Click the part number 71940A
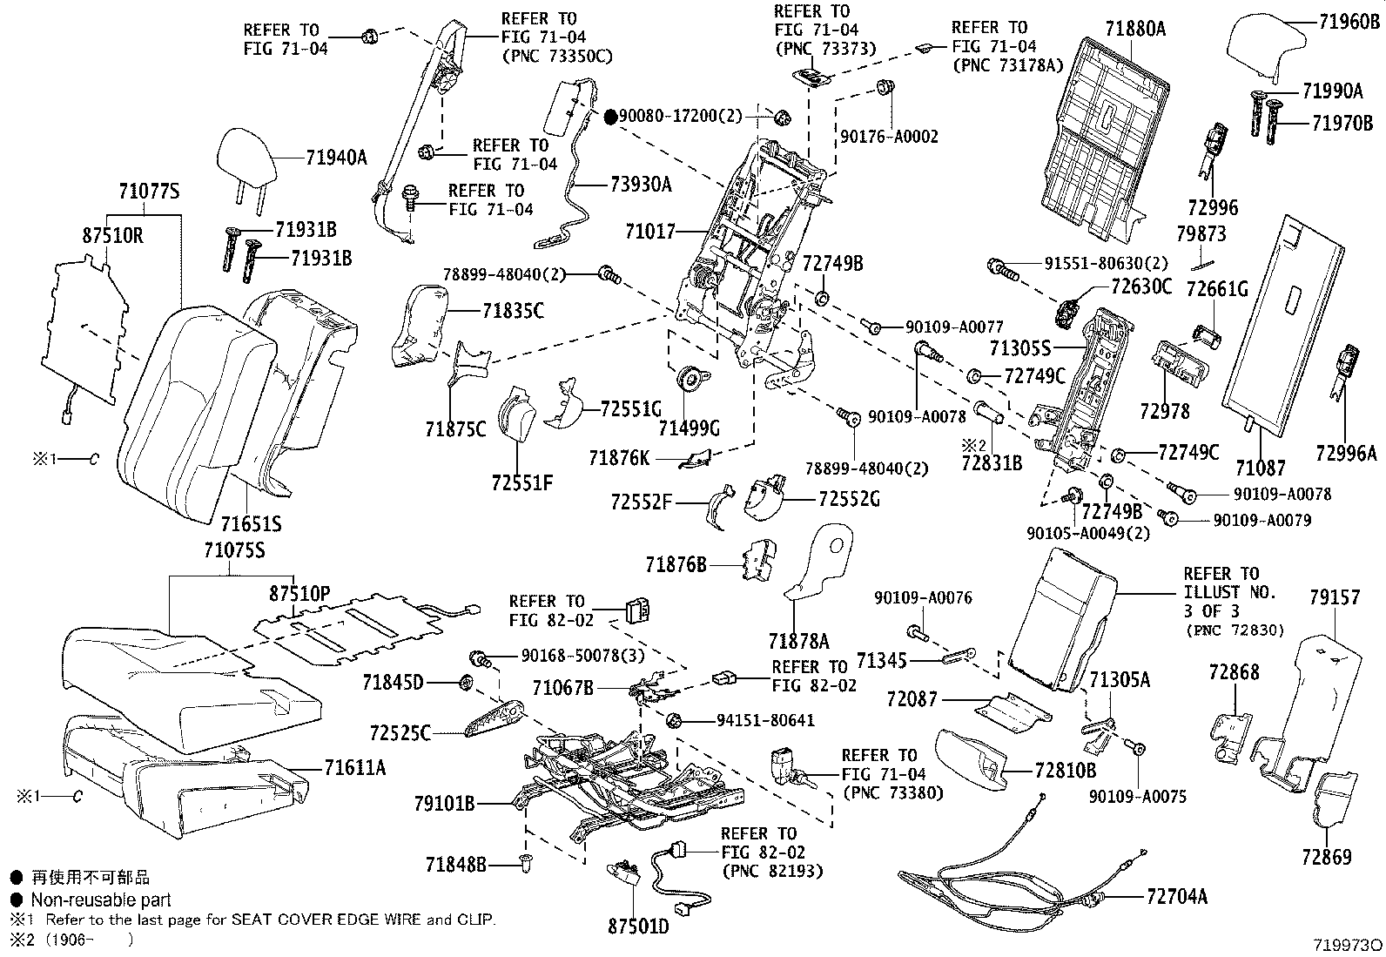pyautogui.click(x=336, y=158)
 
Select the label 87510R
pyautogui.click(x=113, y=235)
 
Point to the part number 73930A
pyautogui.click(x=641, y=185)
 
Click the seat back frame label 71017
pyautogui.click(x=649, y=232)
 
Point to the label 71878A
pyautogui.click(x=798, y=642)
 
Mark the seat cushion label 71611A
pyautogui.click(x=354, y=767)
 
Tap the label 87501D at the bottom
pyautogui.click(x=638, y=927)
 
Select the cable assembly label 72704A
pyautogui.click(x=1177, y=896)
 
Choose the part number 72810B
pyautogui.click(x=1066, y=771)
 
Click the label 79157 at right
pyautogui.click(x=1334, y=597)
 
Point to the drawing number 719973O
pyautogui.click(x=1348, y=945)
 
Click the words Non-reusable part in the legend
pyautogui.click(x=101, y=900)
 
